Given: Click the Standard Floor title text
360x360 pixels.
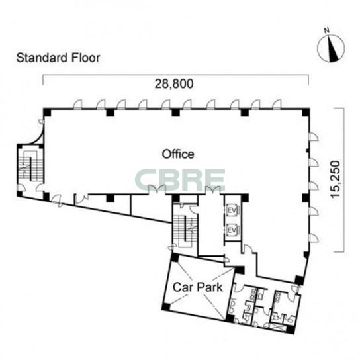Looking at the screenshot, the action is tap(58, 58).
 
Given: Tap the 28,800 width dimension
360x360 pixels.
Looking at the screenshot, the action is tap(174, 84).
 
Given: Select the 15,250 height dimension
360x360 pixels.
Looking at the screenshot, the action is tap(336, 179).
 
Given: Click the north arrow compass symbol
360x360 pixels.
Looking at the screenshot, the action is tap(331, 48).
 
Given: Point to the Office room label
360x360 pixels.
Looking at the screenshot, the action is tap(178, 154).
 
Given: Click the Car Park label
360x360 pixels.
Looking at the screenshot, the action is tap(198, 287).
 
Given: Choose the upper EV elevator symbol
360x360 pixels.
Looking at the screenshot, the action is tap(233, 210).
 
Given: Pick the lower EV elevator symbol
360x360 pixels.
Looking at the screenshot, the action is tap(233, 230).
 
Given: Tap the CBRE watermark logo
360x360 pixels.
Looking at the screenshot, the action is tap(180, 180).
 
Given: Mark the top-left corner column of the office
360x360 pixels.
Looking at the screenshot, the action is tap(47, 112).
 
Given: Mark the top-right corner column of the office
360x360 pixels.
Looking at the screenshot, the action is tap(305, 112).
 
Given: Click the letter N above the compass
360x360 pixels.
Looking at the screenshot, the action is tap(326, 30).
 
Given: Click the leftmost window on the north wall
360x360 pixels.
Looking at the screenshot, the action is tap(77, 104).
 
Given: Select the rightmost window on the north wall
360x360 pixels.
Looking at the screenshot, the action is tap(277, 104).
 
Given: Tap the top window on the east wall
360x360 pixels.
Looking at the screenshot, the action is tap(314, 136).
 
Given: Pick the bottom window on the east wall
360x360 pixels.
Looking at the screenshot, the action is tap(314, 238).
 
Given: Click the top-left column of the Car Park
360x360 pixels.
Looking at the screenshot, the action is tap(175, 257).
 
